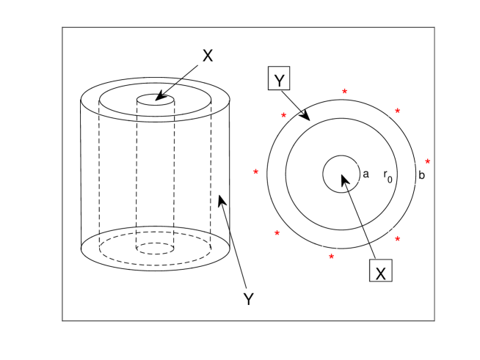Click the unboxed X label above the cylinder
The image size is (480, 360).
point(208,56)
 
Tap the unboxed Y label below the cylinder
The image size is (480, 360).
point(249,299)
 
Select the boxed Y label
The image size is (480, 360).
point(279,78)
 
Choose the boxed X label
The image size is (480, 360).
point(380,271)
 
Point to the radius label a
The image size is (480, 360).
point(366,174)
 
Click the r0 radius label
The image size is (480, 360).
point(388,176)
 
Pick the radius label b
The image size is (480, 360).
point(421,175)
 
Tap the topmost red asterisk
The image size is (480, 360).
point(345,92)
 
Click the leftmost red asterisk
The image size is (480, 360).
point(255,172)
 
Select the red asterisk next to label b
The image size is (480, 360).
point(428,161)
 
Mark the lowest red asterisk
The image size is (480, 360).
point(331,257)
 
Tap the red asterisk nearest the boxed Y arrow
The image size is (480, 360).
point(283,115)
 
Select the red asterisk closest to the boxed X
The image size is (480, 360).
point(397,239)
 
